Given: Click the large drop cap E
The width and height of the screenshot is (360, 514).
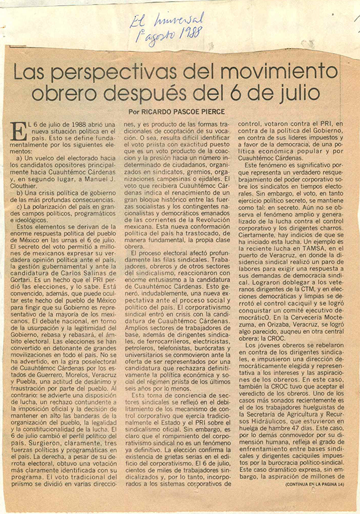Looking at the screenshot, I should coord(19,132).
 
